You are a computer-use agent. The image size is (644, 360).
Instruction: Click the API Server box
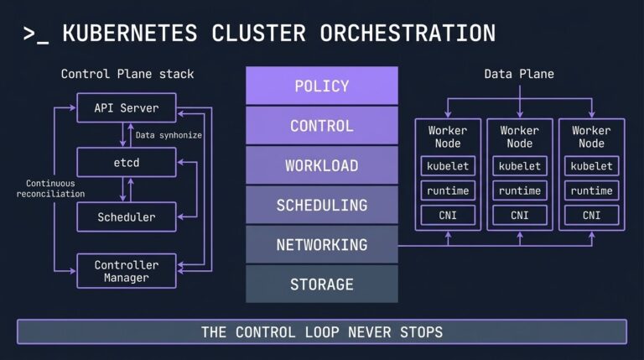point(127,108)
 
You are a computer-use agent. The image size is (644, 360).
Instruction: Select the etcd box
point(127,162)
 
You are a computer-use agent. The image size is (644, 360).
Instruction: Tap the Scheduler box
point(127,217)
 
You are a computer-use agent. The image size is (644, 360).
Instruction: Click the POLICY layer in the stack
point(321,86)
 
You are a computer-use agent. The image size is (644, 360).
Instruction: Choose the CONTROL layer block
point(321,126)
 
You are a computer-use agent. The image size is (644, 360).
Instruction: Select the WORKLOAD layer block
point(321,165)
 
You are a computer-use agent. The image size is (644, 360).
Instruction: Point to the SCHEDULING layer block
point(321,205)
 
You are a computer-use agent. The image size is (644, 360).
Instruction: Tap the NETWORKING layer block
point(321,245)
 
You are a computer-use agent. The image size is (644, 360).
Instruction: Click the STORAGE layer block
point(321,284)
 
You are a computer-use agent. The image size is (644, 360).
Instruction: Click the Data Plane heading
point(519,74)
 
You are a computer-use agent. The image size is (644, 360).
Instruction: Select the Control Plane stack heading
point(127,74)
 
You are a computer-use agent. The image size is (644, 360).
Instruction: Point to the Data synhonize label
point(169,134)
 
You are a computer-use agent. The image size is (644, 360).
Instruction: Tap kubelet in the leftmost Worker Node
point(448,166)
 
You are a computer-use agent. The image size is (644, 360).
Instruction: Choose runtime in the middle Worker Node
point(519,191)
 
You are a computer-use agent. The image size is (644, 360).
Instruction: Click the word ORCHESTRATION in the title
point(408,34)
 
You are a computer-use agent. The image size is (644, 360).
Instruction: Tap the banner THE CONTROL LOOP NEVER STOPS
point(321,331)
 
